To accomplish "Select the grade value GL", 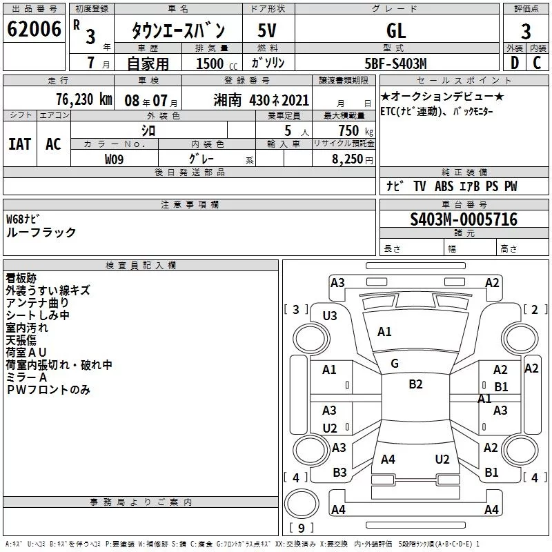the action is coord(397,30).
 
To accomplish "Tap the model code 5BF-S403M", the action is coord(396,63).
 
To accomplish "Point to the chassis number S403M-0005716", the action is coord(464,219).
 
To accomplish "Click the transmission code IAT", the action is coord(19,144).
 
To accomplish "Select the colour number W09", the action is coord(115,159).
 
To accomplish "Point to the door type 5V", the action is coord(268,30).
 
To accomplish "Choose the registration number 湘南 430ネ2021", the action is coord(262,99).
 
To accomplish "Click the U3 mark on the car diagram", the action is coord(330,316).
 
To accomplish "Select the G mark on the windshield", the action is coord(395,364).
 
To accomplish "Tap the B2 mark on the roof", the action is coord(415,384).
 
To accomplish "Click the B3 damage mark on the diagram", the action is coord(339,473).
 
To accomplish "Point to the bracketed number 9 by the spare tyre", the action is coord(300,528).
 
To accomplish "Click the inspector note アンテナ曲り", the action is coord(37,303).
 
